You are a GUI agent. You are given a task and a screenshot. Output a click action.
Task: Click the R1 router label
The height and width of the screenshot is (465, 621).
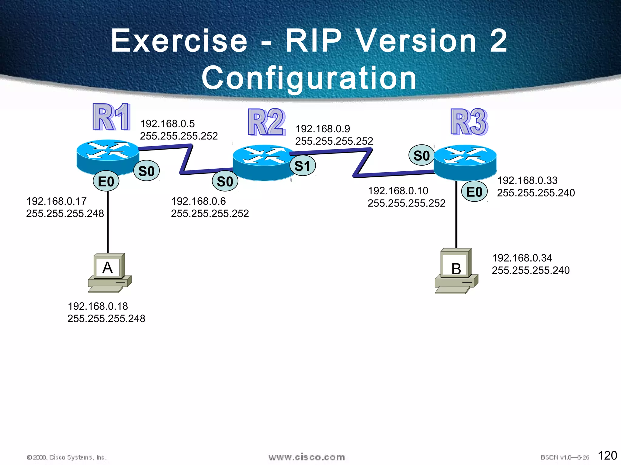pyautogui.click(x=112, y=117)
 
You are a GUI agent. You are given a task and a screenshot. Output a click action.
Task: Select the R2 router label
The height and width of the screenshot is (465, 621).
pyautogui.click(x=267, y=122)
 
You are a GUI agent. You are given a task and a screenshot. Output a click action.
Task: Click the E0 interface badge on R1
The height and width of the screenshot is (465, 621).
pyautogui.click(x=106, y=182)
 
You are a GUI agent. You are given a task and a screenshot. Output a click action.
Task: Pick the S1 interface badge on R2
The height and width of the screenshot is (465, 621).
pyautogui.click(x=303, y=166)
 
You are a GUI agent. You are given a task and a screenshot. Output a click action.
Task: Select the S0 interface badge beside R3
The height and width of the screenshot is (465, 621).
pyautogui.click(x=421, y=156)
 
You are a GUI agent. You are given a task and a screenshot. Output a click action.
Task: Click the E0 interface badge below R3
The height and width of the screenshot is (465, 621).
pyautogui.click(x=474, y=192)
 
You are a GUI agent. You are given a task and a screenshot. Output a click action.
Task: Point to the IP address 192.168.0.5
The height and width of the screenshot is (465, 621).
pyautogui.click(x=167, y=124)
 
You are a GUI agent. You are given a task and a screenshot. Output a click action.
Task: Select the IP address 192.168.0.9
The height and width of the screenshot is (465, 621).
pyautogui.click(x=323, y=129)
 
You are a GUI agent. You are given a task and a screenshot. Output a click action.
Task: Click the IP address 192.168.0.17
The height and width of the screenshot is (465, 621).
pyautogui.click(x=56, y=201)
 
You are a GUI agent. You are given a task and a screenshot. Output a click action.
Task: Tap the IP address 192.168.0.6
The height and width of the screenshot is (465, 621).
pyautogui.click(x=198, y=201)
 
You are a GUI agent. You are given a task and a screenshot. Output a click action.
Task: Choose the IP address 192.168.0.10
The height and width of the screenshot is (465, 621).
pyautogui.click(x=398, y=191)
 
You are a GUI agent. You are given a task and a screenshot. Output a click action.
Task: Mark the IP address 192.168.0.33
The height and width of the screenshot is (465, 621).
pyautogui.click(x=527, y=180)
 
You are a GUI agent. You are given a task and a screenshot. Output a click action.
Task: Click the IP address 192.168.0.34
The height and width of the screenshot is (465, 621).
pyautogui.click(x=522, y=258)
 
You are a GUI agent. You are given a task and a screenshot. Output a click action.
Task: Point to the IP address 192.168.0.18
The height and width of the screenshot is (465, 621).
pyautogui.click(x=98, y=306)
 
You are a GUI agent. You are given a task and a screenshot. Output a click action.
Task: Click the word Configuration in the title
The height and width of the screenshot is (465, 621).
pyautogui.click(x=309, y=78)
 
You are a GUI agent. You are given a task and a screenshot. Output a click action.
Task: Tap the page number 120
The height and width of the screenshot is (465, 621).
pyautogui.click(x=607, y=455)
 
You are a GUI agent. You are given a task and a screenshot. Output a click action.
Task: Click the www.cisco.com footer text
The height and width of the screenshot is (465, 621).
pyautogui.click(x=307, y=457)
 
